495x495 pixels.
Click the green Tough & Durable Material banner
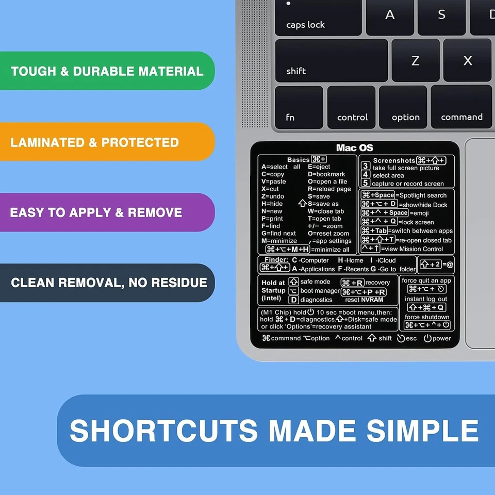tap(107, 71)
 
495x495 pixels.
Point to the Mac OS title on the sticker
tap(354, 148)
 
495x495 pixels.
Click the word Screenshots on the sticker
tap(394, 161)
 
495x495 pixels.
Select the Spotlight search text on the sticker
tap(423, 195)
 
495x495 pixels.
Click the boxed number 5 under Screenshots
tap(365, 183)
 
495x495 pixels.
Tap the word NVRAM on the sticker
tap(372, 300)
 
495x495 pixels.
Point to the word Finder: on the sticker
tap(276, 260)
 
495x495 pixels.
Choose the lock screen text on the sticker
tap(417, 222)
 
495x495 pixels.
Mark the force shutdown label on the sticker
tap(427, 317)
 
